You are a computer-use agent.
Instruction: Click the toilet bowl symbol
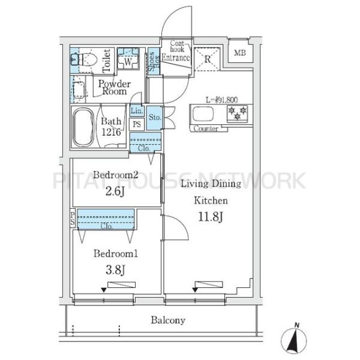[x=86, y=59]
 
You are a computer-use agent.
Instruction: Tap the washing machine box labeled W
[x=128, y=59]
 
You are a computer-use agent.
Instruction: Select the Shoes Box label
[x=154, y=61]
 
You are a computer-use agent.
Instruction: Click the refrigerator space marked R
[x=208, y=59]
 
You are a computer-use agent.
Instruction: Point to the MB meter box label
[x=240, y=53]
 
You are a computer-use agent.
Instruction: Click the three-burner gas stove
[x=238, y=113]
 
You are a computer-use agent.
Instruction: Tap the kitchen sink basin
[x=203, y=114]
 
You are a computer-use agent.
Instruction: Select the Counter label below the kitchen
[x=206, y=128]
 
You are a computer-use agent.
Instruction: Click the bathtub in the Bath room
[x=83, y=127]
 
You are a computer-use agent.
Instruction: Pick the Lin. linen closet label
[x=137, y=110]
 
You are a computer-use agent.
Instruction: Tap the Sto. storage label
[x=155, y=118]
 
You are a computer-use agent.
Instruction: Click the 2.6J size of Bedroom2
[x=115, y=191]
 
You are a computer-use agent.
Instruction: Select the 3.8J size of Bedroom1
[x=115, y=270]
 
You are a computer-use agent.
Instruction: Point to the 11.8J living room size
[x=211, y=217]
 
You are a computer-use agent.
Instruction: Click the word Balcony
[x=168, y=320]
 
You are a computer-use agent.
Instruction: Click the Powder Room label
[x=115, y=88]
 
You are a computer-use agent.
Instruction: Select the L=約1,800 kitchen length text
[x=222, y=100]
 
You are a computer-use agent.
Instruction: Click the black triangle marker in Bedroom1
[x=104, y=290]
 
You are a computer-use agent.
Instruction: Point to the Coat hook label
[x=177, y=46]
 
